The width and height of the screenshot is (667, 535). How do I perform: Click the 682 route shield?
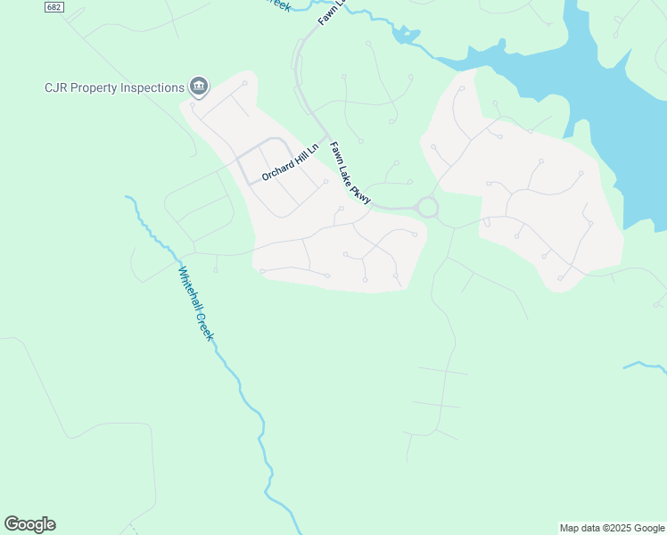tap(55, 7)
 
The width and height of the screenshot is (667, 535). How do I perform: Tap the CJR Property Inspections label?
tap(114, 87)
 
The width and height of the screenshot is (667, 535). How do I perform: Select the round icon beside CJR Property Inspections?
tap(199, 86)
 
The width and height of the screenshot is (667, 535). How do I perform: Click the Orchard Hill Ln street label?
tap(290, 162)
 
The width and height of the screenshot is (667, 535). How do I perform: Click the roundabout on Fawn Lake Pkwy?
tap(428, 208)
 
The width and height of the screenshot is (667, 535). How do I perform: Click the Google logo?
tap(29, 524)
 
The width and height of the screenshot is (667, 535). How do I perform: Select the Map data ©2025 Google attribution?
tap(612, 528)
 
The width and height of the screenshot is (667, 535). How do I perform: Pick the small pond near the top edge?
tap(405, 35)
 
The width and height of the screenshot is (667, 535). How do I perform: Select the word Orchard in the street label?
tap(275, 170)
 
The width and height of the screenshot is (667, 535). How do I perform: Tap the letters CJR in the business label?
tap(56, 87)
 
